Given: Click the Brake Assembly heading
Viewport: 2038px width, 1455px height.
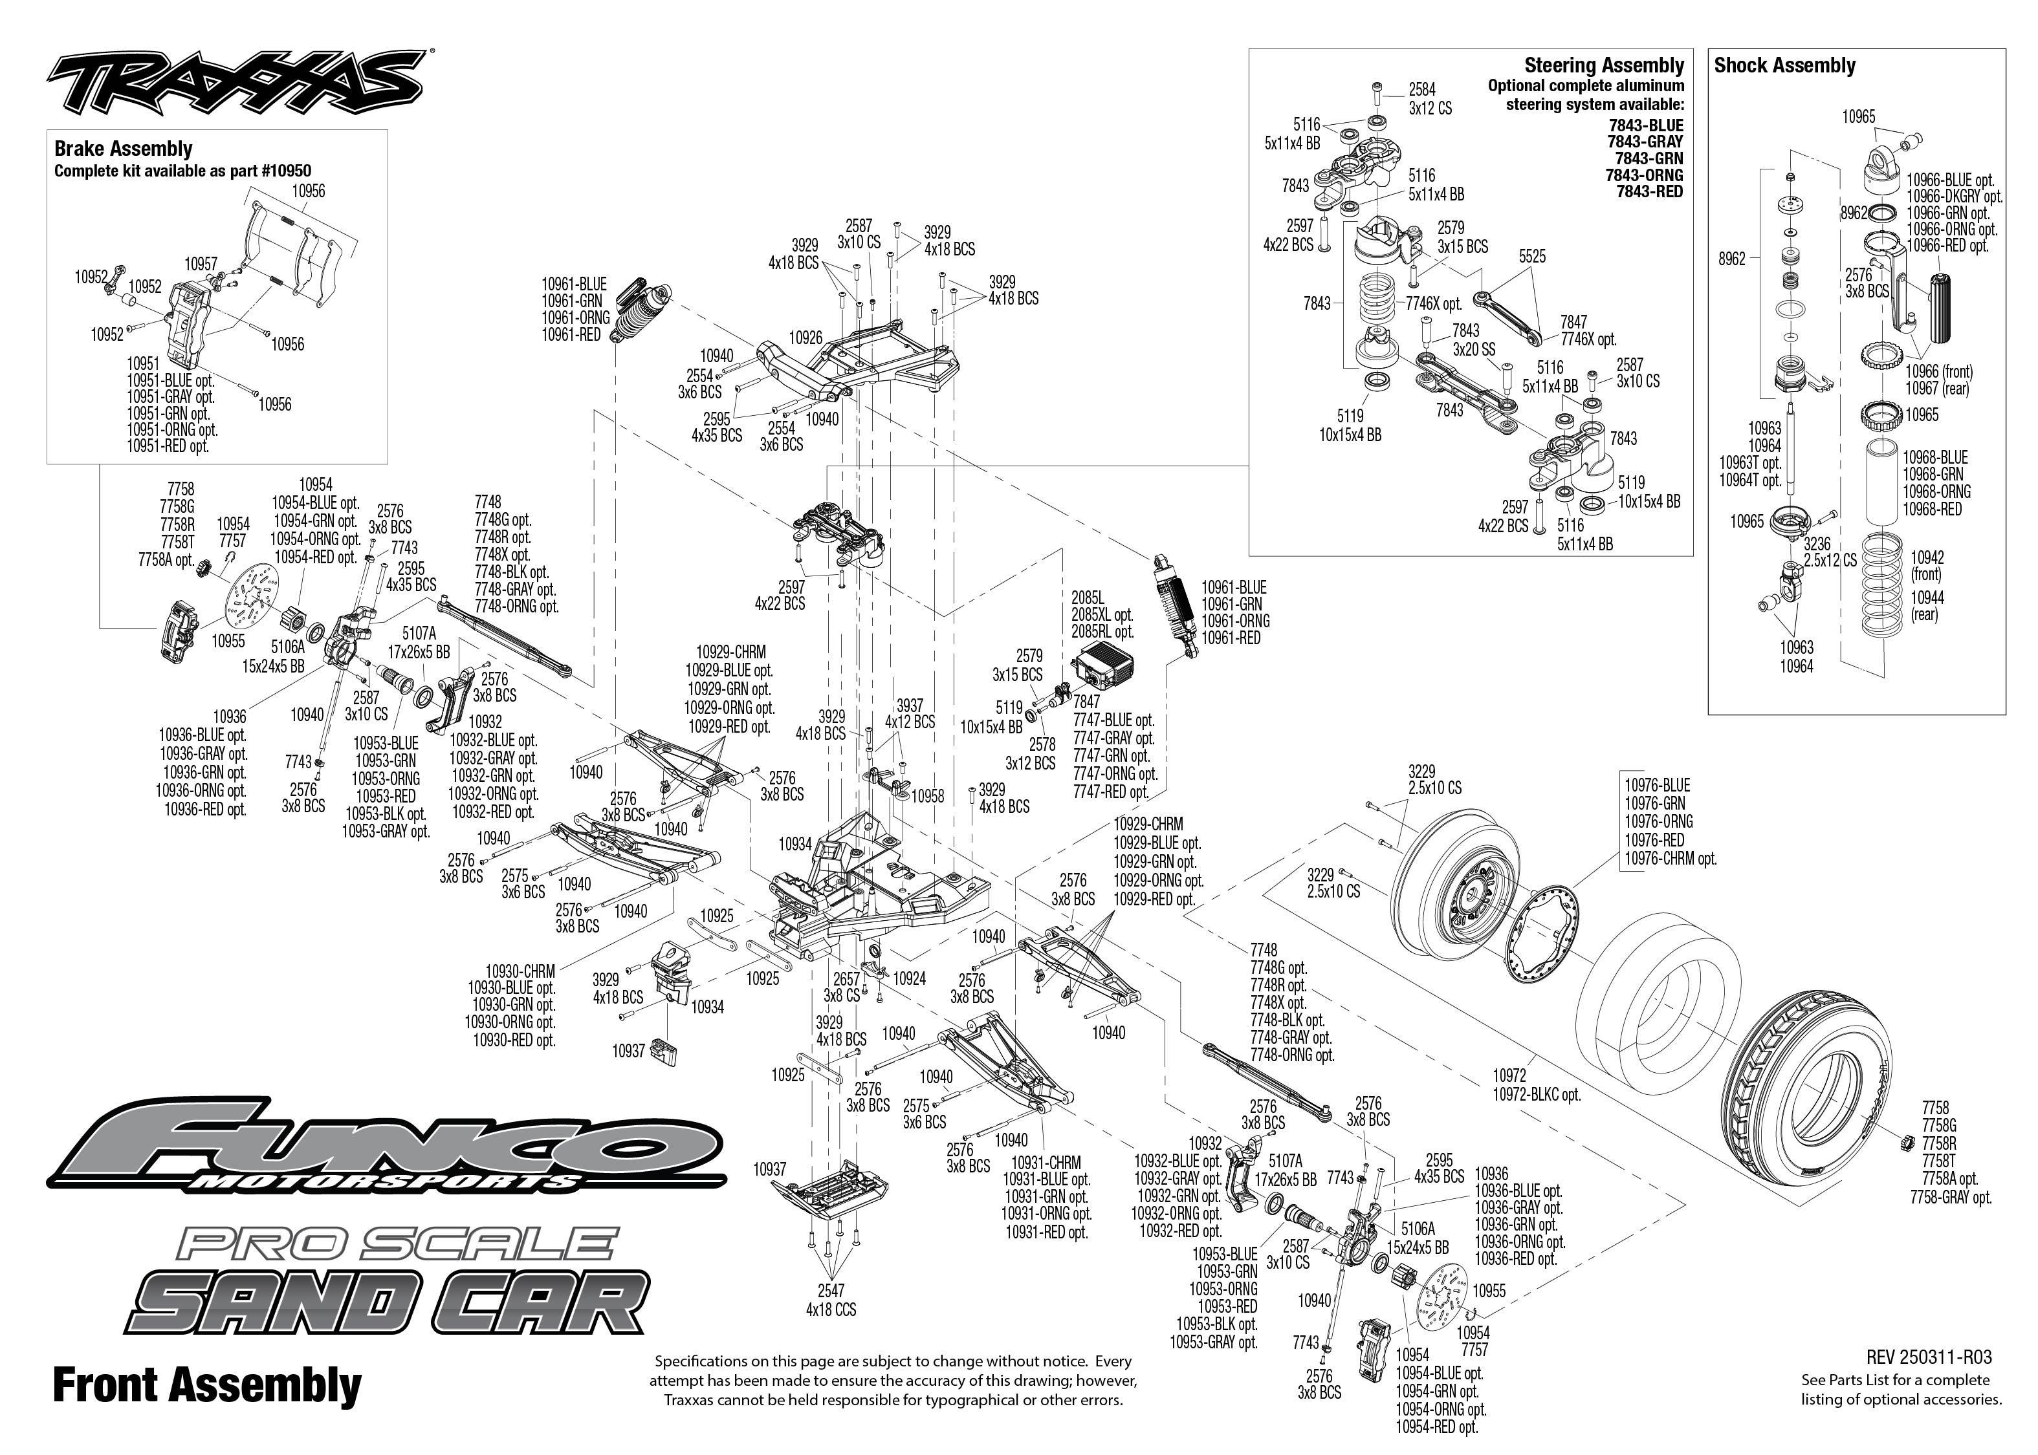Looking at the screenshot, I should click(123, 149).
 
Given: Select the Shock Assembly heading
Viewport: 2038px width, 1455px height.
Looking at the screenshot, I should click(1784, 65).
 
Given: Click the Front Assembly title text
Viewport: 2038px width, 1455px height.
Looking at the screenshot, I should click(207, 1385).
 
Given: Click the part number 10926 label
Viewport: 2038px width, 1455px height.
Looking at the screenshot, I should click(805, 338).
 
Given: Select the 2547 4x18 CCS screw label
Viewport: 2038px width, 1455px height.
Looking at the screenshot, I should click(831, 1300).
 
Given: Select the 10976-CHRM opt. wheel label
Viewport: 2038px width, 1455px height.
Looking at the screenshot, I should click(1670, 857).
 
